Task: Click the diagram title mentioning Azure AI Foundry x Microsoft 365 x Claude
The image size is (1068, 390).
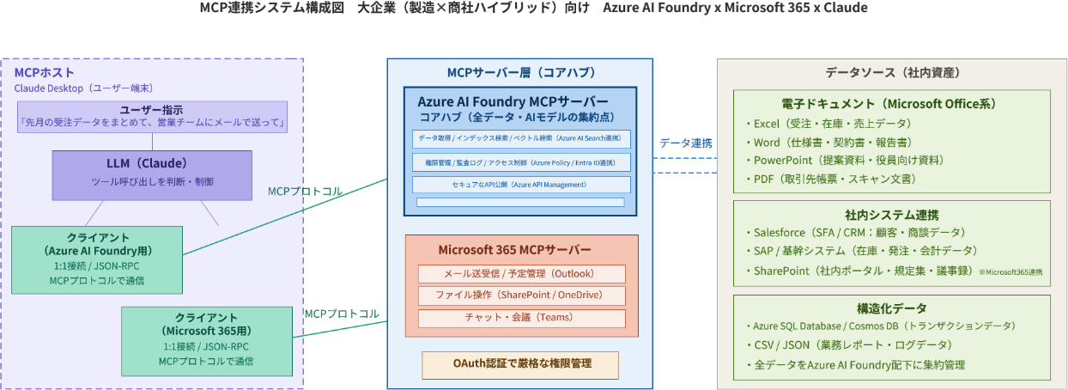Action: (533, 9)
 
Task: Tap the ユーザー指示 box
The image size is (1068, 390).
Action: (152, 116)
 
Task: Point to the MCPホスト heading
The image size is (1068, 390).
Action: (44, 72)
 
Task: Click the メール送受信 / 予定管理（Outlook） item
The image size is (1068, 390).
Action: (521, 274)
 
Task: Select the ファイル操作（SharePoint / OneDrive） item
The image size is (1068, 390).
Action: (521, 296)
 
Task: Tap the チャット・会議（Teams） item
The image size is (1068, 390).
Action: (521, 318)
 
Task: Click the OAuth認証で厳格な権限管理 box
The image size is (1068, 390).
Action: (520, 364)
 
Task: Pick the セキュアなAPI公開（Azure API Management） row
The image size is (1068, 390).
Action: (521, 185)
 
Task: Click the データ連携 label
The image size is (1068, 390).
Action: (685, 143)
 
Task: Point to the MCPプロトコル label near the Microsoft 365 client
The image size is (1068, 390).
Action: (342, 314)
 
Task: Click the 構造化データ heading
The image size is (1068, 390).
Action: (891, 308)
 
